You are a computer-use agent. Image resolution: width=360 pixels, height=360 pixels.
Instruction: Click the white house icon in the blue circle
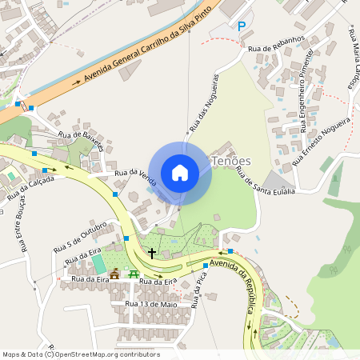[x=180, y=172]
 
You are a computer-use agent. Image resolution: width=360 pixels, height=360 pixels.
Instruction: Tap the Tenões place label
[x=231, y=161]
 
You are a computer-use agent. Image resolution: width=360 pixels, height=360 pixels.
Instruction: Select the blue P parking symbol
[x=242, y=26]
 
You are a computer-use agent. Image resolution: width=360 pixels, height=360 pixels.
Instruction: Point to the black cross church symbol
[x=152, y=254]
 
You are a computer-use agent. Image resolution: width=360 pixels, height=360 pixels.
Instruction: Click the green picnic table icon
[x=134, y=274]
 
